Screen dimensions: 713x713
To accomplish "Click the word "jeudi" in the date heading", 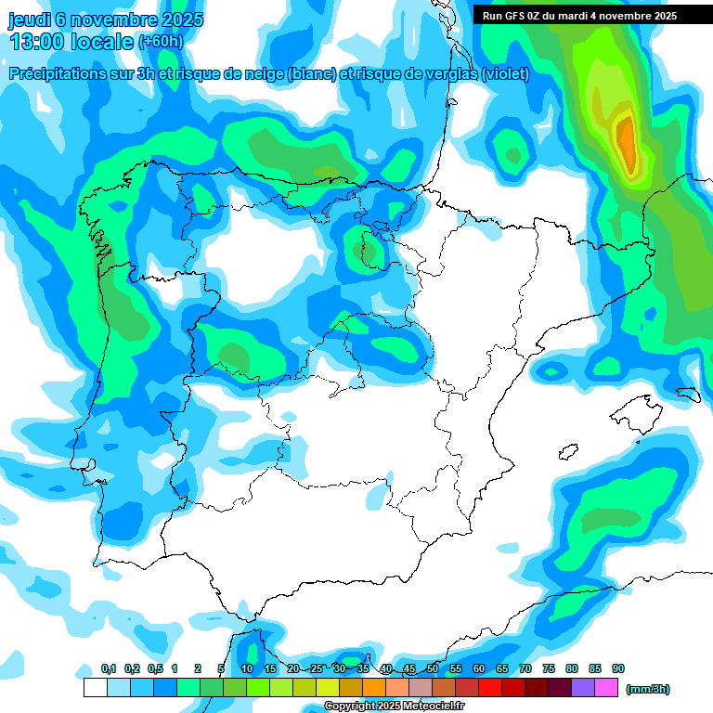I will (29, 19).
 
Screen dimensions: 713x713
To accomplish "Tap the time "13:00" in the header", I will (38, 42).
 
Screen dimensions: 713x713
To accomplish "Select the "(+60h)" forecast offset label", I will (161, 42).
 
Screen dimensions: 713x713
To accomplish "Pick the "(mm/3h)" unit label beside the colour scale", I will (647, 689).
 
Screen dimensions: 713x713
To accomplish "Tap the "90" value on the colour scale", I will (618, 668).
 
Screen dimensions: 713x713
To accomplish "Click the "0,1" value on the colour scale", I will (109, 668).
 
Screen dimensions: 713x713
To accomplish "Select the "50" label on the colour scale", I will (433, 668).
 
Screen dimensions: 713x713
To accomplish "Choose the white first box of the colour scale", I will (95, 688).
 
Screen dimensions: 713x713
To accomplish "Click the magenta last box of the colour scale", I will (606, 688).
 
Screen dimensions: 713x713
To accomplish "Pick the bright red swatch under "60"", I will (490, 688).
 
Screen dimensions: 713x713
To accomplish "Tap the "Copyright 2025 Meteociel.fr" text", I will (394, 707).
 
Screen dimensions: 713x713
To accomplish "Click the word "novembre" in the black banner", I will (625, 16).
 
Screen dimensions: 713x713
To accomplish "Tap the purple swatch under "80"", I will (583, 688).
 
